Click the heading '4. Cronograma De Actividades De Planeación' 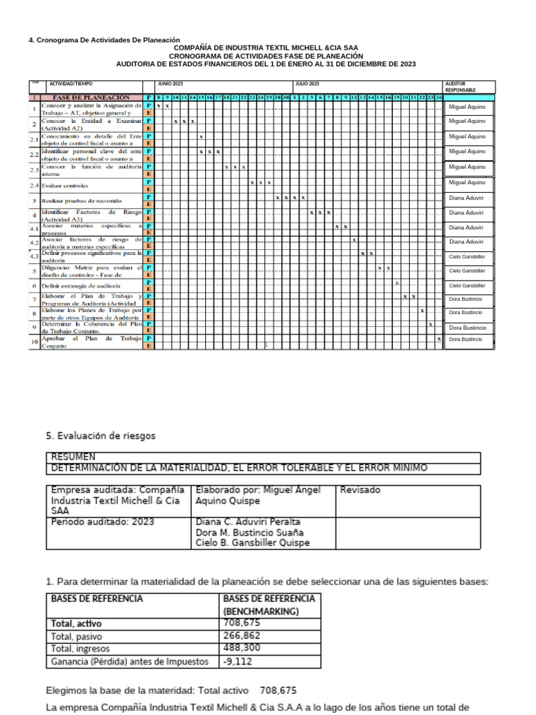point(104,40)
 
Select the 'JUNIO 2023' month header point(170,83)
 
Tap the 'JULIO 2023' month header point(307,83)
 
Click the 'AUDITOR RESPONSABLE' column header point(461,87)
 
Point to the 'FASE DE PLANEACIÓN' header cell point(91,98)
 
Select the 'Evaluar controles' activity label point(65,186)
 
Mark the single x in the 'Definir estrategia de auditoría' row point(396,283)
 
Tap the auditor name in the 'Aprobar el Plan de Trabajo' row point(466,339)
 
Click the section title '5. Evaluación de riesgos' point(101,436)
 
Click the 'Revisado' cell point(360,490)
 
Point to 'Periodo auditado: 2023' point(103,522)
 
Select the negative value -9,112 point(237,661)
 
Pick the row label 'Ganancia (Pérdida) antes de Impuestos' point(129,661)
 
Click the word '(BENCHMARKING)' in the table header point(260,611)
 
